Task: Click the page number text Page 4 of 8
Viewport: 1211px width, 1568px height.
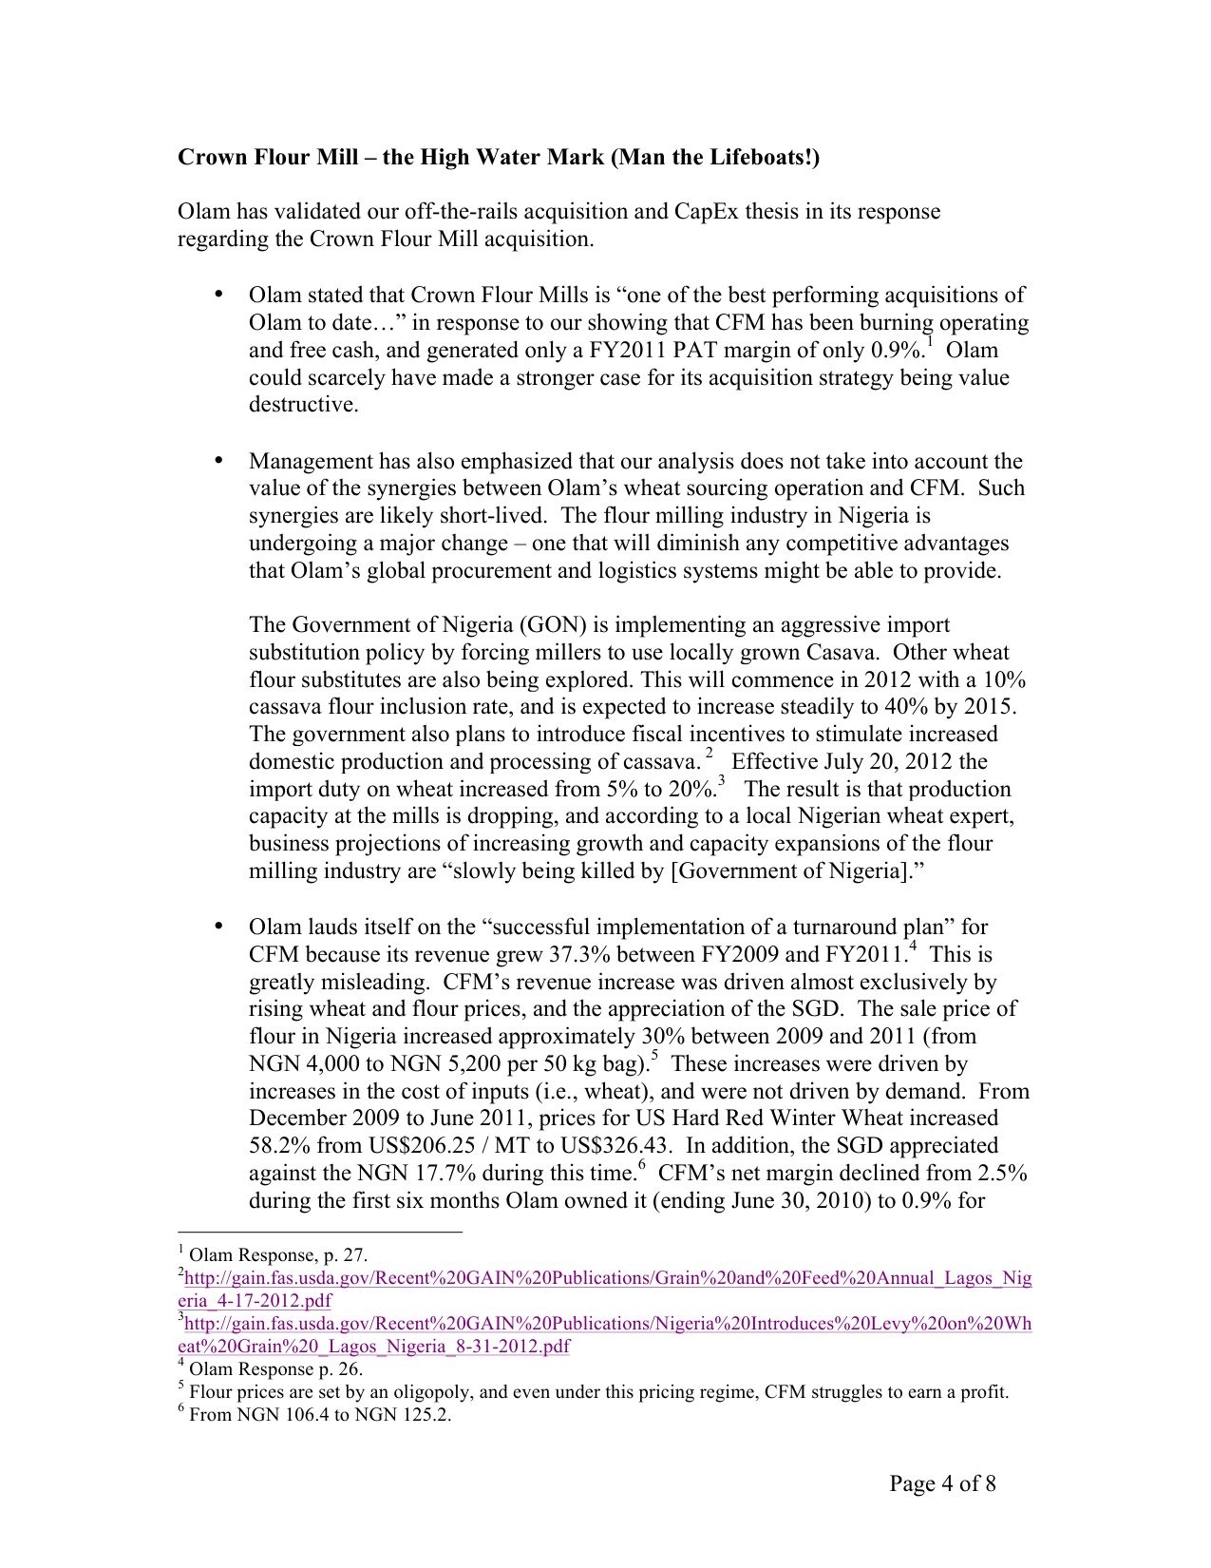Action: pyautogui.click(x=942, y=1483)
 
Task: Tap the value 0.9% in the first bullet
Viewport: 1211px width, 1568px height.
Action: pyautogui.click(x=898, y=351)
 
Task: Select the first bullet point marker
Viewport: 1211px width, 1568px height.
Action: pyautogui.click(x=219, y=295)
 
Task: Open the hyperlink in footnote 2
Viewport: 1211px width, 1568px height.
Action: pyautogui.click(x=608, y=1278)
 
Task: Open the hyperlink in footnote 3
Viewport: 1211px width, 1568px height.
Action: pyautogui.click(x=608, y=1324)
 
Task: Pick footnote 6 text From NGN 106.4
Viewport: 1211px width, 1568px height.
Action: pyautogui.click(x=319, y=1415)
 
